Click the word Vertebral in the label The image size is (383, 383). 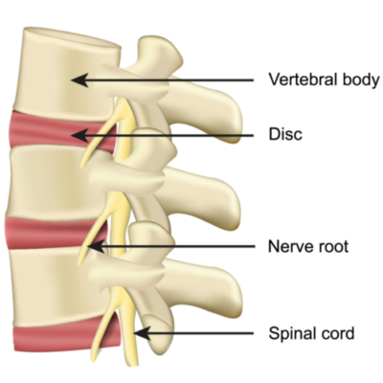(x=304, y=79)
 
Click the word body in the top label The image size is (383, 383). (x=361, y=80)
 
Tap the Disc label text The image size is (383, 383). (x=285, y=134)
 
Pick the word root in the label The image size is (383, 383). (x=332, y=247)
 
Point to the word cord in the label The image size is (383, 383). (x=339, y=333)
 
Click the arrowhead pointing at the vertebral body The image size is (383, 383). (x=79, y=79)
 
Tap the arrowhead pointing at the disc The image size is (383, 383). (x=79, y=135)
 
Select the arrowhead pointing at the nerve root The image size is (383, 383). (x=96, y=246)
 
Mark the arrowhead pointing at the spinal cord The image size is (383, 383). (x=142, y=333)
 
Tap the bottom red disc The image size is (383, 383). (x=64, y=338)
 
